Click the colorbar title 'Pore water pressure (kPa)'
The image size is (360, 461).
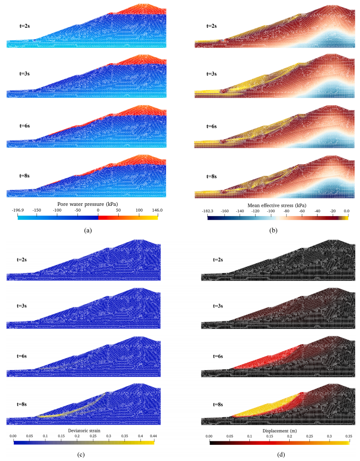[x=87, y=204]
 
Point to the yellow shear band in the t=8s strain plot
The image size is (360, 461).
[x=67, y=414]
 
